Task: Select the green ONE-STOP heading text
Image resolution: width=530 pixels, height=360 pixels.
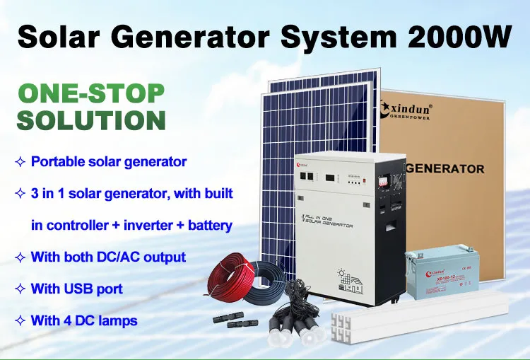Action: [x=90, y=94]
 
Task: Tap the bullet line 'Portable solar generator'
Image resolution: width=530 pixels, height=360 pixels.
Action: [x=109, y=162]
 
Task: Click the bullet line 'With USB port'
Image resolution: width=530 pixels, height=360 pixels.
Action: [x=76, y=289]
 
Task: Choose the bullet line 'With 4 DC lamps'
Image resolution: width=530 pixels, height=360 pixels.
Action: [x=84, y=320]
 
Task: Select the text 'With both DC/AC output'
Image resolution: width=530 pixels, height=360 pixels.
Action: [x=108, y=257]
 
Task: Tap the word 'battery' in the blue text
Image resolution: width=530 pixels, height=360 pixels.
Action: [x=210, y=226]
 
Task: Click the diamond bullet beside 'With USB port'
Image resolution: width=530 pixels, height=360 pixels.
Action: [x=20, y=289]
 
